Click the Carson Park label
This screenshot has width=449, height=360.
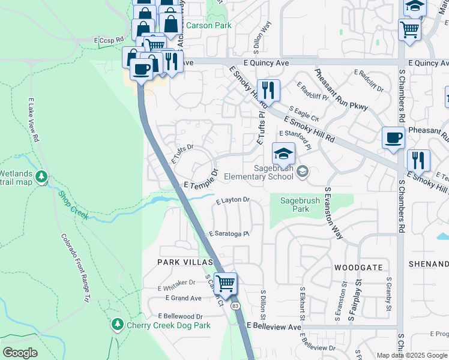tap(208, 26)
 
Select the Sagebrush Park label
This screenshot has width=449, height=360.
tap(292, 205)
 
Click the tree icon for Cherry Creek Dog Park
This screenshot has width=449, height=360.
tap(117, 325)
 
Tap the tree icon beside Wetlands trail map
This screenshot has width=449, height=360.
tap(41, 177)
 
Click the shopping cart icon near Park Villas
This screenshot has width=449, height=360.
tap(226, 283)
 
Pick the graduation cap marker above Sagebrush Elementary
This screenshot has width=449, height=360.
tap(283, 154)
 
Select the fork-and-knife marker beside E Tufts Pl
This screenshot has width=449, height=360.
tap(268, 90)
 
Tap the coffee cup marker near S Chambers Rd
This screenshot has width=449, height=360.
tap(393, 137)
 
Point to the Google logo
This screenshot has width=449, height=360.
tap(20, 353)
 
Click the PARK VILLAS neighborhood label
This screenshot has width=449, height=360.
tap(185, 262)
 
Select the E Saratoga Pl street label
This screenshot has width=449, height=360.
tap(228, 234)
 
